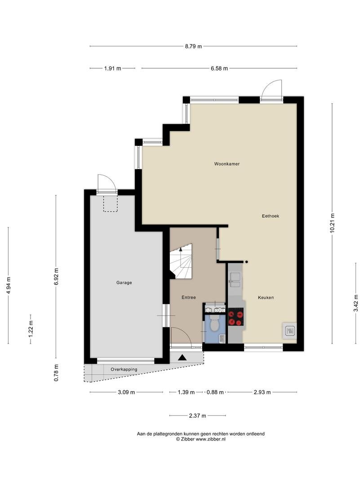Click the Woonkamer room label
click(x=227, y=164)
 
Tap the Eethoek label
click(x=271, y=216)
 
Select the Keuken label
click(x=266, y=298)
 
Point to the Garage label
click(x=124, y=282)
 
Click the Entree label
click(x=188, y=297)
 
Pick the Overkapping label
click(x=124, y=369)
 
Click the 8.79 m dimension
click(x=193, y=46)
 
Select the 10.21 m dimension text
click(x=333, y=223)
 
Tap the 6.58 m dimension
click(x=219, y=68)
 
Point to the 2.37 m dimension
click(x=197, y=416)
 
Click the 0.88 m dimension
click(x=215, y=392)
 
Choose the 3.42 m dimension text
click(x=356, y=303)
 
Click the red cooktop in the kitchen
click(x=236, y=317)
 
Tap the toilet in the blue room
click(x=214, y=322)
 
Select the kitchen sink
click(x=235, y=280)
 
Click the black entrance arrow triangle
click(x=182, y=357)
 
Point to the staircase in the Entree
click(x=181, y=261)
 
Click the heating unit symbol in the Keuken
click(x=289, y=331)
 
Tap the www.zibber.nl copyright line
click(x=201, y=439)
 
